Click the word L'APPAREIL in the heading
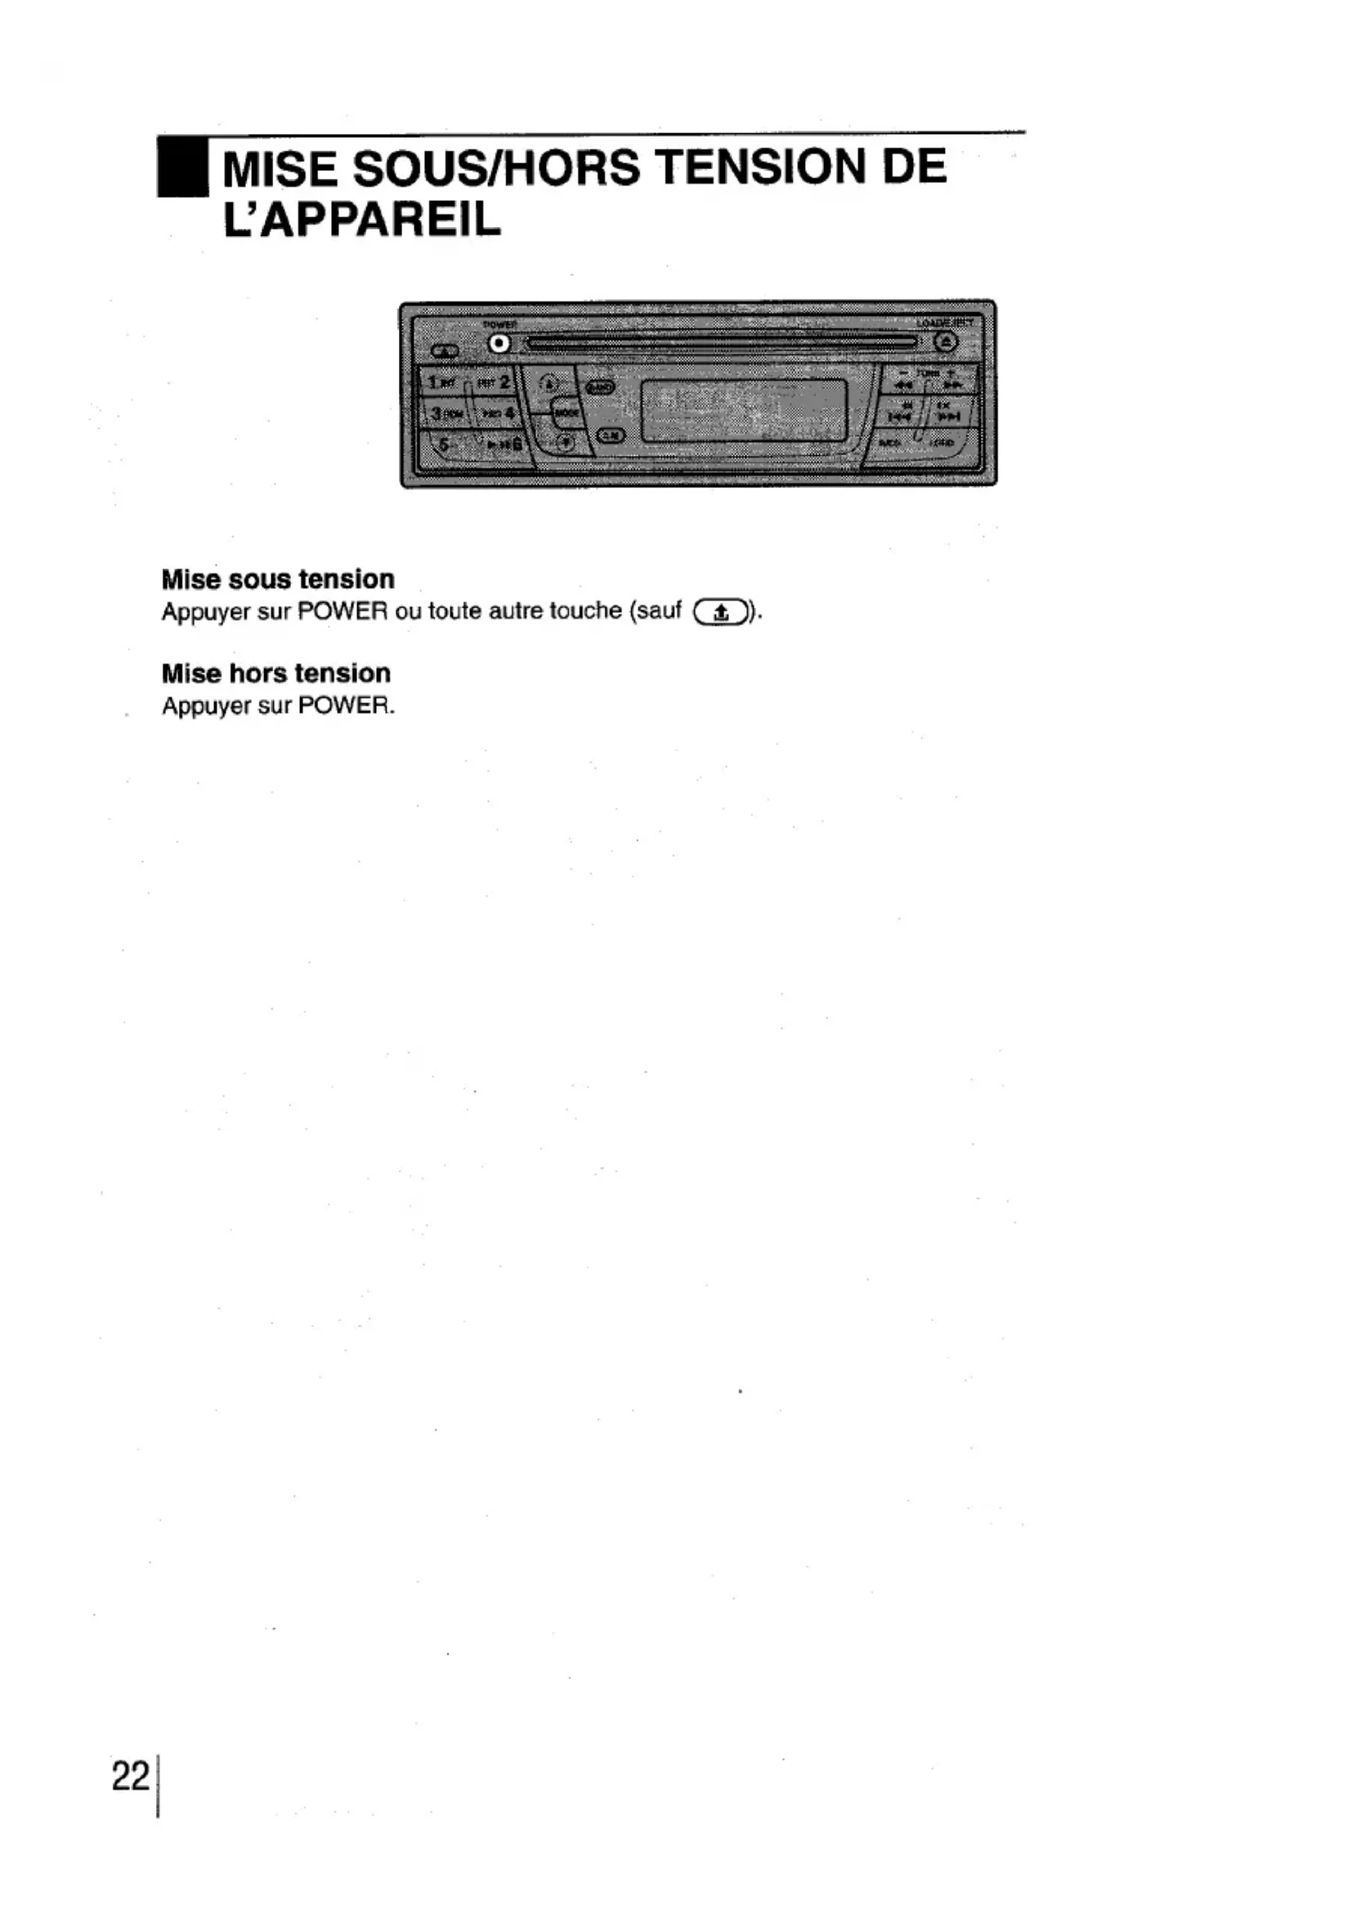tap(362, 219)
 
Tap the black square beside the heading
tap(182, 167)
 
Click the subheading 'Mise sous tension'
tap(278, 579)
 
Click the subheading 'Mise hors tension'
tap(275, 673)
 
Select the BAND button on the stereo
tap(600, 387)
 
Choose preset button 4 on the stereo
tap(498, 413)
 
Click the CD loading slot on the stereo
tap(720, 342)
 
